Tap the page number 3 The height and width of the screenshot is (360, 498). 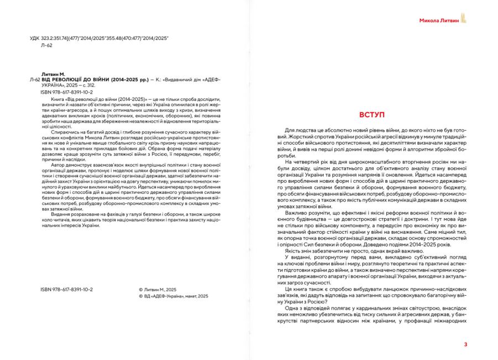465,344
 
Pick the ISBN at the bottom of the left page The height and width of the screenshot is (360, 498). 66,290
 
